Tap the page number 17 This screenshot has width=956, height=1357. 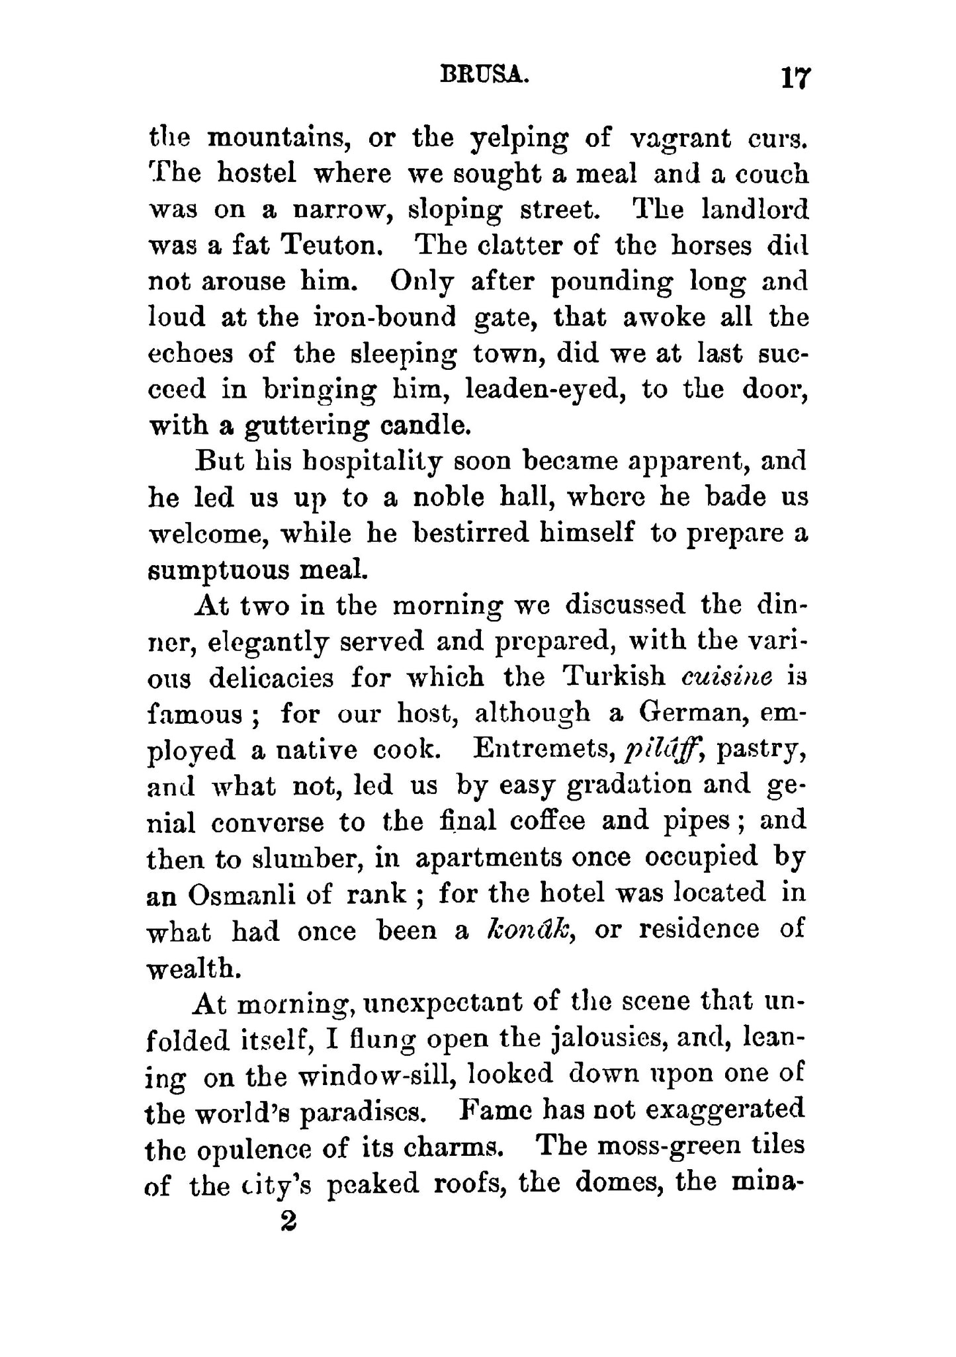coord(794,78)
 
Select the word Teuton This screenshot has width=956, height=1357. coord(332,245)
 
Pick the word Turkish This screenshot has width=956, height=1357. coord(613,676)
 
